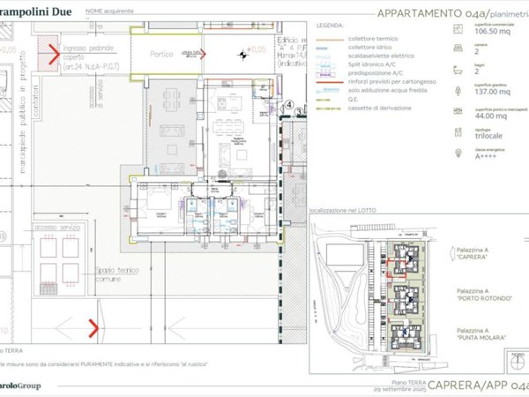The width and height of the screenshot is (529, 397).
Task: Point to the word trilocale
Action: [488, 137]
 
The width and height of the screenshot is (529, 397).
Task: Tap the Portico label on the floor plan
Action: [162, 54]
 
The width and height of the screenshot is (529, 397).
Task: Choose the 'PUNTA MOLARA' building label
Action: [481, 338]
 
